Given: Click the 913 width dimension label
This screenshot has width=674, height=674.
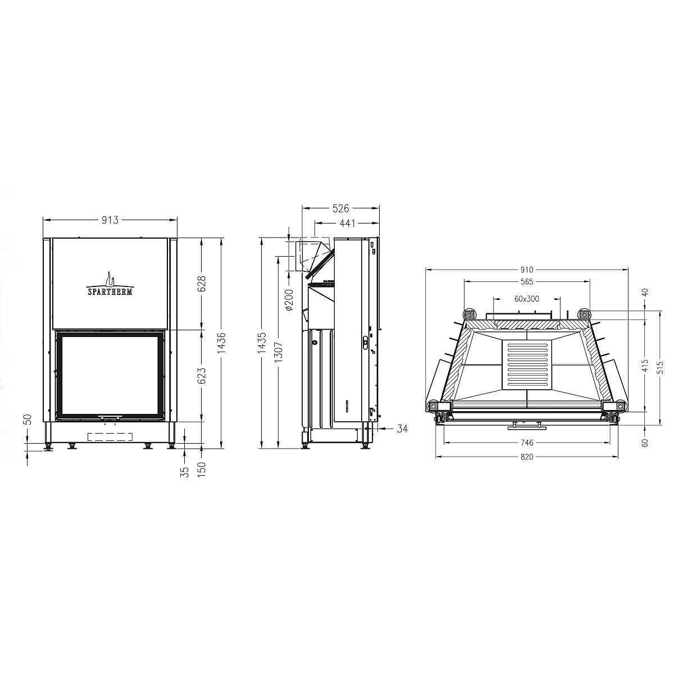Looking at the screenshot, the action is click(x=110, y=220).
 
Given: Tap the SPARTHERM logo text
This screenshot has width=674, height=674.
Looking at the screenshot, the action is click(x=110, y=292).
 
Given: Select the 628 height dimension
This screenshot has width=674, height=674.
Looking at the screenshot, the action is click(x=202, y=284).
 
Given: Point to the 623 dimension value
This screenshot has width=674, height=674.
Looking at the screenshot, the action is click(x=202, y=376).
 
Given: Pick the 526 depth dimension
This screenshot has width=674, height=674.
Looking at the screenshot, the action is click(x=341, y=208).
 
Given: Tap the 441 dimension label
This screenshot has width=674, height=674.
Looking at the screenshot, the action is click(x=348, y=223).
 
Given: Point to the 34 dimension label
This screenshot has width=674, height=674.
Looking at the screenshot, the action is click(x=402, y=428).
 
